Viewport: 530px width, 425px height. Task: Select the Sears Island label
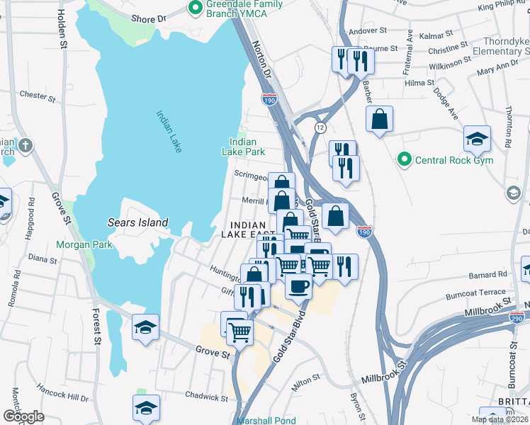tap(137, 222)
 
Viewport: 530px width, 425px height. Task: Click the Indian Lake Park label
tap(243, 147)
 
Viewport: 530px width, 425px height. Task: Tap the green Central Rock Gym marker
tap(405, 160)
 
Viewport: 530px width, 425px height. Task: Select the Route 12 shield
tap(320, 127)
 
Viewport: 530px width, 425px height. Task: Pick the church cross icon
tap(25, 147)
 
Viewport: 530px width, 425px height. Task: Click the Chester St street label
tap(33, 94)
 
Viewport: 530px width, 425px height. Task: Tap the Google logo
tap(23, 416)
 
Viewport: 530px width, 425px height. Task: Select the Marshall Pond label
tap(266, 420)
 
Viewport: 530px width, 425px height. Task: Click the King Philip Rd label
tap(504, 6)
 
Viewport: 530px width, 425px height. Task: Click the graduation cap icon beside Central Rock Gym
tap(477, 139)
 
